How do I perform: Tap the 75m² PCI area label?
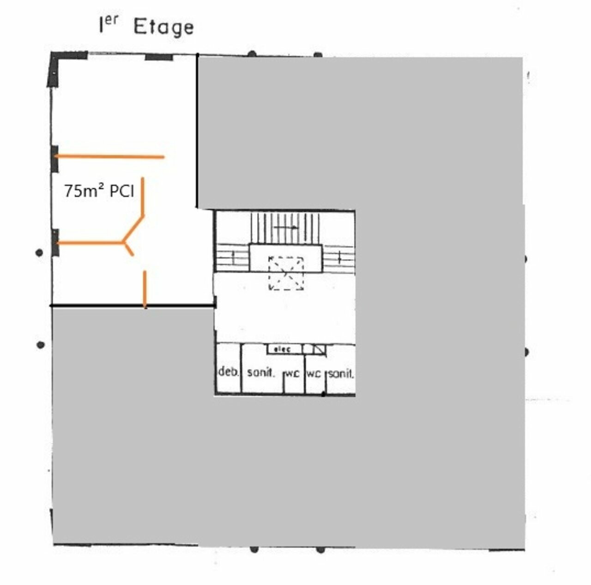pyautogui.click(x=99, y=191)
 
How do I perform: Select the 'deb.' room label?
pyautogui.click(x=228, y=372)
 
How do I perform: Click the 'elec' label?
pyautogui.click(x=282, y=349)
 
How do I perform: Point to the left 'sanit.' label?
pyautogui.click(x=260, y=372)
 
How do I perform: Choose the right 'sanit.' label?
pyautogui.click(x=341, y=373)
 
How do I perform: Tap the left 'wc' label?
pyautogui.click(x=292, y=374)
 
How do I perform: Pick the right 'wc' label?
pyautogui.click(x=314, y=374)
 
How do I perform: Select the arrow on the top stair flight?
pyautogui.click(x=285, y=227)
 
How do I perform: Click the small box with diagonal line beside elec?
pyautogui.click(x=320, y=349)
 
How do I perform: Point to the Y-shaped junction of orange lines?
pyautogui.click(x=124, y=243)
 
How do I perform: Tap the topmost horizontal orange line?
pyautogui.click(x=109, y=157)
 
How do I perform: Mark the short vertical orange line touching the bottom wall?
pyautogui.click(x=145, y=289)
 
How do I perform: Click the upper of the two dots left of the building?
pyautogui.click(x=39, y=253)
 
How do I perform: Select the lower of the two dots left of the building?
pyautogui.click(x=40, y=345)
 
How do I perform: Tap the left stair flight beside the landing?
pyautogui.click(x=233, y=257)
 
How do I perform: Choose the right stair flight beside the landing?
pyautogui.click(x=338, y=258)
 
